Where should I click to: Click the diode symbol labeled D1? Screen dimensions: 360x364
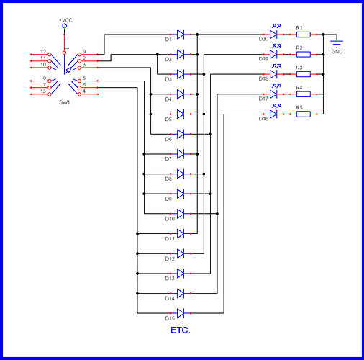point(181,34)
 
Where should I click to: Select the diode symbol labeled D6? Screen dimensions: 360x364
point(181,134)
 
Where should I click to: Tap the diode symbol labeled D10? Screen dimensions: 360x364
point(181,213)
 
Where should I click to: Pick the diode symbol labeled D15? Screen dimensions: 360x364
point(181,312)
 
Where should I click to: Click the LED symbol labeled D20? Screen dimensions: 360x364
point(273,34)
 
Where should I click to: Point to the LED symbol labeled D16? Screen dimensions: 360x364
point(273,114)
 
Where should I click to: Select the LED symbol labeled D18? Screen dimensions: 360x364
point(273,74)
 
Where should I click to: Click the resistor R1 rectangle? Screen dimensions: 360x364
point(303,34)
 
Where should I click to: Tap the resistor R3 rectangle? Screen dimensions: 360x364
point(303,74)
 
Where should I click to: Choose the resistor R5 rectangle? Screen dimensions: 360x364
point(303,114)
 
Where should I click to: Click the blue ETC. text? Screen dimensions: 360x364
point(181,331)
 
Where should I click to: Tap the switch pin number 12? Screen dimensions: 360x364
point(43,53)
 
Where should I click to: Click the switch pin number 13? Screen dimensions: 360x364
point(44,91)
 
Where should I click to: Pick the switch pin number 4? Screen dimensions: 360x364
point(84,91)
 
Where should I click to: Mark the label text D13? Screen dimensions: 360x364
point(170,278)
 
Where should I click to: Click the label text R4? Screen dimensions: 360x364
point(299,87)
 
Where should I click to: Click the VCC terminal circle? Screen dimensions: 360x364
point(65,26)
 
